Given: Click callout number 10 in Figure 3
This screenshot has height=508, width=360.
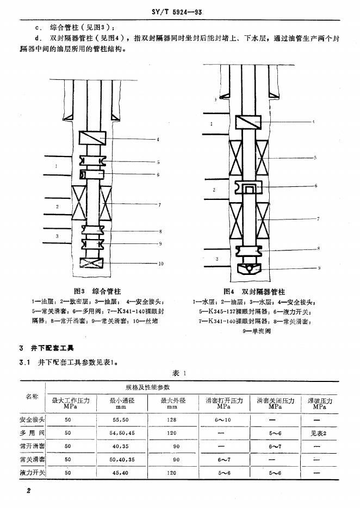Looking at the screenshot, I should (x=160, y=264).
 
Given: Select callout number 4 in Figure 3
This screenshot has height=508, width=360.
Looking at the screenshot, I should (x=158, y=140).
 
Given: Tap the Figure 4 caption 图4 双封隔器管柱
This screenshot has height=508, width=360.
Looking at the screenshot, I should (x=254, y=292).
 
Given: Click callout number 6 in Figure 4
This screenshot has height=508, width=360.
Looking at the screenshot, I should (x=315, y=186).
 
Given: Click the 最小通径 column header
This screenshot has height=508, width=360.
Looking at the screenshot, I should (x=121, y=403).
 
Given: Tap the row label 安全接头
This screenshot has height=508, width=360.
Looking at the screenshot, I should (x=32, y=419).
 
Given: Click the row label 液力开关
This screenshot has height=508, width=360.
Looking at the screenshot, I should (x=32, y=473).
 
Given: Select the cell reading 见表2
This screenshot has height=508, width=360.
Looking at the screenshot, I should (x=320, y=433).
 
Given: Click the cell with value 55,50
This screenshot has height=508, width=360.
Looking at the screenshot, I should (x=121, y=420).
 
